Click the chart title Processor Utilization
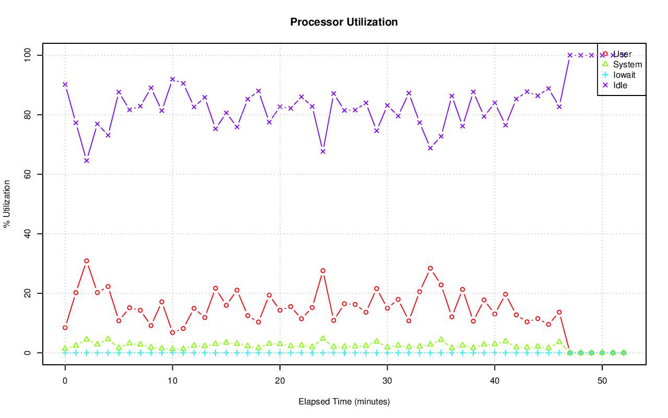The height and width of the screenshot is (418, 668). coord(344,22)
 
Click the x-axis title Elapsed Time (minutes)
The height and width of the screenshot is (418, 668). coord(344,402)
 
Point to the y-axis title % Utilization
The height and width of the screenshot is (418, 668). coord(7,204)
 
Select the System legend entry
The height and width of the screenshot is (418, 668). coord(627,65)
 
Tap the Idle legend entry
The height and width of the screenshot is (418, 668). coord(620,85)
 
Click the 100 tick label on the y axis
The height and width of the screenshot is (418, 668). coord(27,55)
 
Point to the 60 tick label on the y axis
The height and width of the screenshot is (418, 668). coord(27,174)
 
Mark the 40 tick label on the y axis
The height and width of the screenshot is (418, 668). coord(27,233)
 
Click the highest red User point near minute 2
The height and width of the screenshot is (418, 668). coord(87,260)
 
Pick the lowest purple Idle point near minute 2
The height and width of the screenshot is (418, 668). coord(87,160)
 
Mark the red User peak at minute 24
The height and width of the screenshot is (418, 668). coord(323,270)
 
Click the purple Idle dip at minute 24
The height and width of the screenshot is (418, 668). coord(323,151)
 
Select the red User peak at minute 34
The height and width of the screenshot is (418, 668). coord(431,268)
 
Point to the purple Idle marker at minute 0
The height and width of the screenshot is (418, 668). coord(65,84)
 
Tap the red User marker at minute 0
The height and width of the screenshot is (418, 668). coord(65,328)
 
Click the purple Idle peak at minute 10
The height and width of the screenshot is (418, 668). coord(173,79)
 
